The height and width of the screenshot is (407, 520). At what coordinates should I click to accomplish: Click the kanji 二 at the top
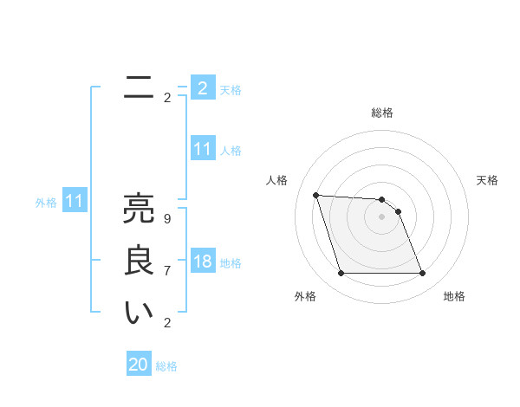(138, 87)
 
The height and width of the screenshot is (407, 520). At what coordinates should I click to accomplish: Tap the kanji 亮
(138, 209)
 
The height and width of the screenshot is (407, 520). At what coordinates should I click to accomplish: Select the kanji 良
(138, 262)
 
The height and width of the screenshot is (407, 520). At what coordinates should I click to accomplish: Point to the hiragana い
(138, 313)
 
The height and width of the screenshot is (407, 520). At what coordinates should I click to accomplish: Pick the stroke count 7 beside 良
(167, 270)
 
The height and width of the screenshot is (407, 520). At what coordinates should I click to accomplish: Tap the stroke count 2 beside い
(167, 323)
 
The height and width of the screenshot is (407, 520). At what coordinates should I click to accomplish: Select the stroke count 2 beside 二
(167, 97)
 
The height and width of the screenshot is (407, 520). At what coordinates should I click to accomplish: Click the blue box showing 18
(202, 262)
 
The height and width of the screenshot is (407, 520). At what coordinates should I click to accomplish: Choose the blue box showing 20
(138, 365)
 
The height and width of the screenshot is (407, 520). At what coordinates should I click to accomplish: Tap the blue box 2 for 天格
(202, 87)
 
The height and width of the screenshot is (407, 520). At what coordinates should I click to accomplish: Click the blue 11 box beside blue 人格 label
(202, 149)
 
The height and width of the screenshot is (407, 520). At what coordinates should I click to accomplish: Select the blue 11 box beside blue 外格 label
(75, 202)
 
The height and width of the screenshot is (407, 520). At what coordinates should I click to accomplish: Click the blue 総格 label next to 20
(166, 366)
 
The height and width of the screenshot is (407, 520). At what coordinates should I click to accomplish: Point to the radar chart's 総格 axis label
(382, 113)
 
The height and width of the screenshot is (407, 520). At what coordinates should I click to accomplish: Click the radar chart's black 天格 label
(487, 180)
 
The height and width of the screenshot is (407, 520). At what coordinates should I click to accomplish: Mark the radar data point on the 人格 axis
(315, 195)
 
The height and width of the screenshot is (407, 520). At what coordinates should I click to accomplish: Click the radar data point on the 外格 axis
(341, 274)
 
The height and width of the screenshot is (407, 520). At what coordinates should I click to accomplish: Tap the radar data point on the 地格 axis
(423, 274)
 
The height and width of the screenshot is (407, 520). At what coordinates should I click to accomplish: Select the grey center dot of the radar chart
(382, 217)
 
